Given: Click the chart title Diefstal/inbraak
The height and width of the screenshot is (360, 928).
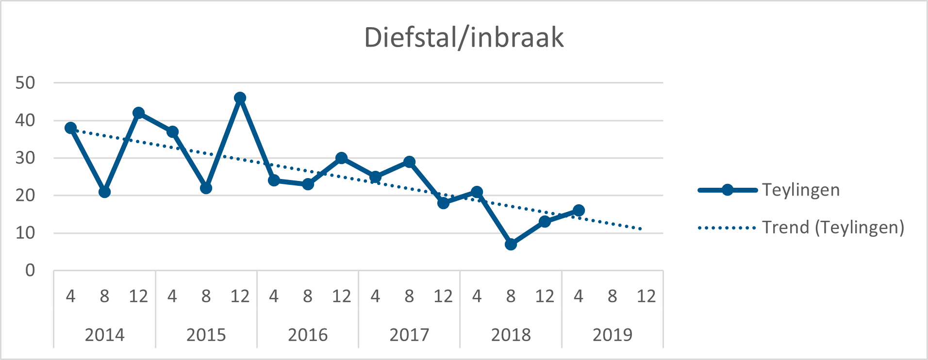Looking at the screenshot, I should click(464, 38).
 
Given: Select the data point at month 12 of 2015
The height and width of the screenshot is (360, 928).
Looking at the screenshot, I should click(240, 98).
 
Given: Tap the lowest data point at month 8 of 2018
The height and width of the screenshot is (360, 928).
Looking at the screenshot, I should click(511, 244).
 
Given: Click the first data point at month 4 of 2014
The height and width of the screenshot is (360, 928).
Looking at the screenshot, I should click(70, 128).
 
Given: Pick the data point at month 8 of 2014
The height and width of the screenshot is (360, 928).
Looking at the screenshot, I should click(104, 192).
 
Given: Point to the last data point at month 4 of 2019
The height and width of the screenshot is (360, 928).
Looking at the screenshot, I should click(579, 211).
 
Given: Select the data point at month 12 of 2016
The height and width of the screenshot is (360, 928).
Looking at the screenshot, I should click(341, 158).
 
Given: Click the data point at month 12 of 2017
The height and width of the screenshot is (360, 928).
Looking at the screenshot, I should click(443, 203).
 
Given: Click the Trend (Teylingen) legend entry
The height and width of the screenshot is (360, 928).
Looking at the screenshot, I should click(832, 227).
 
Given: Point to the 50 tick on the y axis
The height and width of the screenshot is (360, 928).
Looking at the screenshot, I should click(25, 83).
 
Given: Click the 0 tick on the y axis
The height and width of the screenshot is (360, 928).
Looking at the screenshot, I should click(30, 270).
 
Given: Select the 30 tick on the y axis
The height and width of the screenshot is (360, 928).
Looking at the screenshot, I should click(25, 158).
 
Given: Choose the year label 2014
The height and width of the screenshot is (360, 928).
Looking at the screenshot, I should click(104, 335).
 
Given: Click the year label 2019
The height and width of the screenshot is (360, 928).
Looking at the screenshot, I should click(613, 335).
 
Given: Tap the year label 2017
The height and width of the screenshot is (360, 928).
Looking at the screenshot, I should click(409, 335).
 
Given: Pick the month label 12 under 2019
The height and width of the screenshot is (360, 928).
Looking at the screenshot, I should click(646, 296).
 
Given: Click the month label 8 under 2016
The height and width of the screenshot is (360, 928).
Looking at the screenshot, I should click(308, 296).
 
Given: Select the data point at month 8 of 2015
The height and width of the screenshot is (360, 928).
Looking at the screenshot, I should click(206, 188).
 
